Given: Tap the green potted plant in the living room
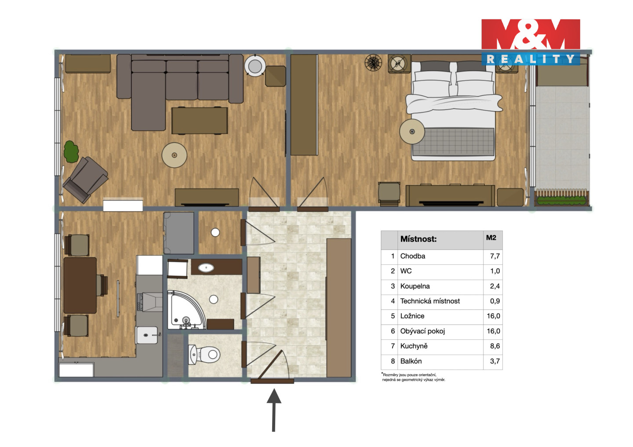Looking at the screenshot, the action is tap(71, 152).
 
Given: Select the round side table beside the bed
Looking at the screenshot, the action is tap(412, 131).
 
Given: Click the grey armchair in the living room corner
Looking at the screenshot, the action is tap(85, 180).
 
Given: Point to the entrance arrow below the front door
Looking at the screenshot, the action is tap(273, 410).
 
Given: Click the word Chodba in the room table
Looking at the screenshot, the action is tap(413, 256).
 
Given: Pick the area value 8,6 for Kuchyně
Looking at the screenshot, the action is tap(495, 346).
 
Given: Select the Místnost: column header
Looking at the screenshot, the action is tap(418, 239).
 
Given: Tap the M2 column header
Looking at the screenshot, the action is tap(491, 238).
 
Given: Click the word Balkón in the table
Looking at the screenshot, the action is tap(411, 361).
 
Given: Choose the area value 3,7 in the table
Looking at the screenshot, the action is tap(495, 361).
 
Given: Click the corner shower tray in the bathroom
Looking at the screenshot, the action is tap(187, 310).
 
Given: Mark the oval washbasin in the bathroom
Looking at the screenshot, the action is tap(206, 267).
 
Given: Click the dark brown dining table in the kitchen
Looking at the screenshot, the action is tap(80, 285).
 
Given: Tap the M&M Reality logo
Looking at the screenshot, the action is tap(531, 42).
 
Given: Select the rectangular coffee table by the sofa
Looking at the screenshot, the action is tap(200, 120).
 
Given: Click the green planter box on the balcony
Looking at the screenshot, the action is tap(561, 201).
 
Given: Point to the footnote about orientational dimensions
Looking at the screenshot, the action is tap(413, 377).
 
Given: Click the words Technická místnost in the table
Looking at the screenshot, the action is tap(430, 301).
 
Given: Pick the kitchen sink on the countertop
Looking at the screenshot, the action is tap(146, 335).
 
